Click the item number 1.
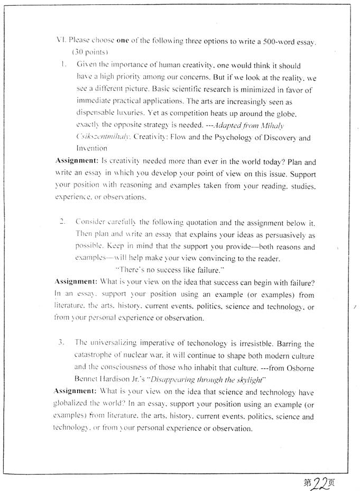click(63, 65)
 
